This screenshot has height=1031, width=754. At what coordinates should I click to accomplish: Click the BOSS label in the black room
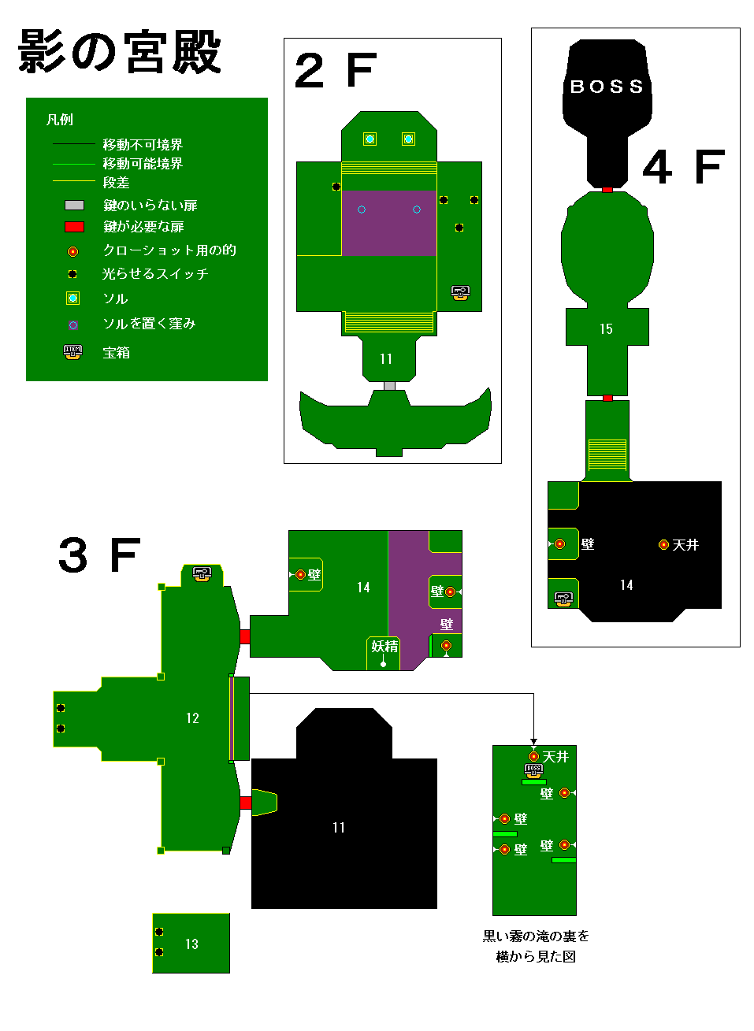(606, 87)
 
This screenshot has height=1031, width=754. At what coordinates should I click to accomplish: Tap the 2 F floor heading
(336, 70)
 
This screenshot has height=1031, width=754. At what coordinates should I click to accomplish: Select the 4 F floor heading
(683, 167)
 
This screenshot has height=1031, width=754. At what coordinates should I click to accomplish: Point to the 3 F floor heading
(99, 554)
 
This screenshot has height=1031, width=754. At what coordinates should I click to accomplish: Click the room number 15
(606, 328)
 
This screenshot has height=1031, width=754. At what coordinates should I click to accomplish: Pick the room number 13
(191, 944)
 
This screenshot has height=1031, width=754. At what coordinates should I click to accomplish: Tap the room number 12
(192, 718)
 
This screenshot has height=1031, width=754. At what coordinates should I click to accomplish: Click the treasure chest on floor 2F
(460, 293)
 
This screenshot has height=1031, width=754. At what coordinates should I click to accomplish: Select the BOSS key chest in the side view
(533, 770)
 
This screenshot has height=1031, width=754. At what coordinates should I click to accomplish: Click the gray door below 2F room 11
(389, 386)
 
